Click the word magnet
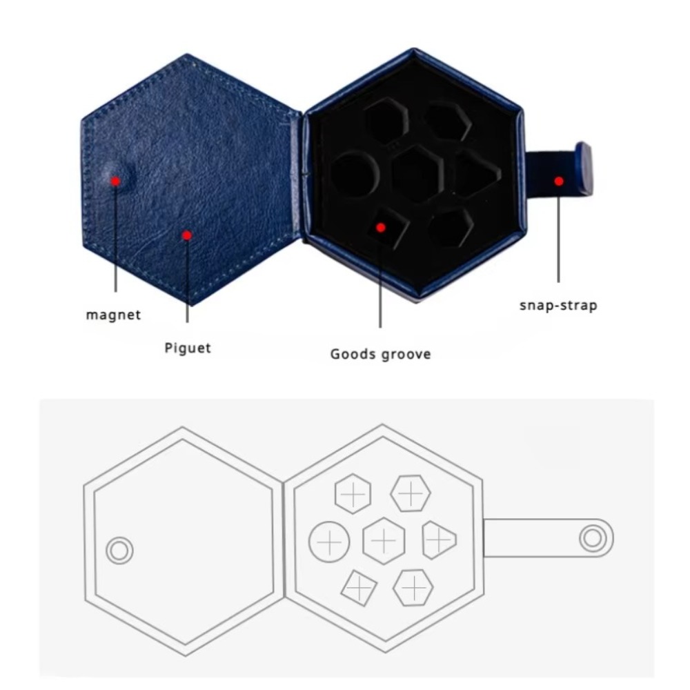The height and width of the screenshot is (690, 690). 114,315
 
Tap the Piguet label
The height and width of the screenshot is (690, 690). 188,348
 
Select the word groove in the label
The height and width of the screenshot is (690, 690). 406,354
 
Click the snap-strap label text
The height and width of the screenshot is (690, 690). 558,306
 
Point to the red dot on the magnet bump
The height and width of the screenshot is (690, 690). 115,181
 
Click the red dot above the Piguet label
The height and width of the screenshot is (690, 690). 187,235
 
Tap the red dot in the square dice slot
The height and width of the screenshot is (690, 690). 381,228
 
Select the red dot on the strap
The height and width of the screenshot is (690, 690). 559,181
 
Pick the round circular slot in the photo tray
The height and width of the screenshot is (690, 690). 355,175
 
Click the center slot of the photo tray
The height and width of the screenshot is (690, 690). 417,175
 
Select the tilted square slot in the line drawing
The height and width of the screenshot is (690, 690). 359,588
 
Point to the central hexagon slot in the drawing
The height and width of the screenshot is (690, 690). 384,541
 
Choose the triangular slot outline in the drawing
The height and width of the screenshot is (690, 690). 439,540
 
